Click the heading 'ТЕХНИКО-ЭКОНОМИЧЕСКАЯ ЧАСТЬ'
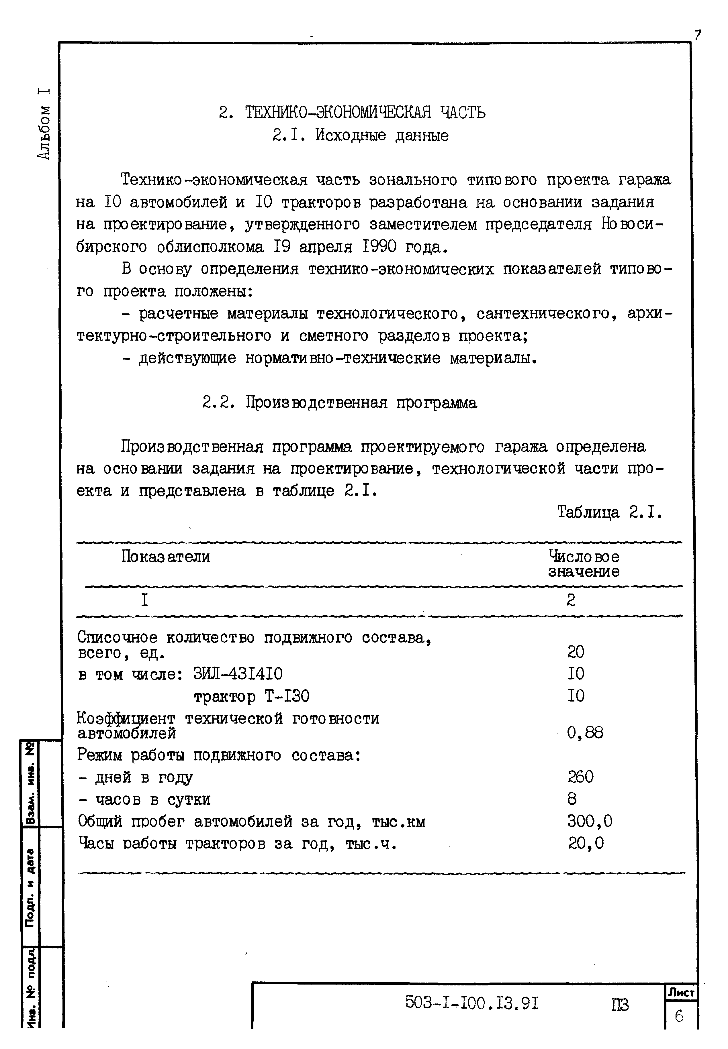point(365,112)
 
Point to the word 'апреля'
point(326,247)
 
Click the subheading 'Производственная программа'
point(361,402)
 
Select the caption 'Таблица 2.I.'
point(609,512)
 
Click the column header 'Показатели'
point(166,557)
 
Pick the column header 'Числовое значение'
point(584,564)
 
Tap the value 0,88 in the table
point(585,733)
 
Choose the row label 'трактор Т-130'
point(252,696)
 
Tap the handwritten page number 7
point(697,36)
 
